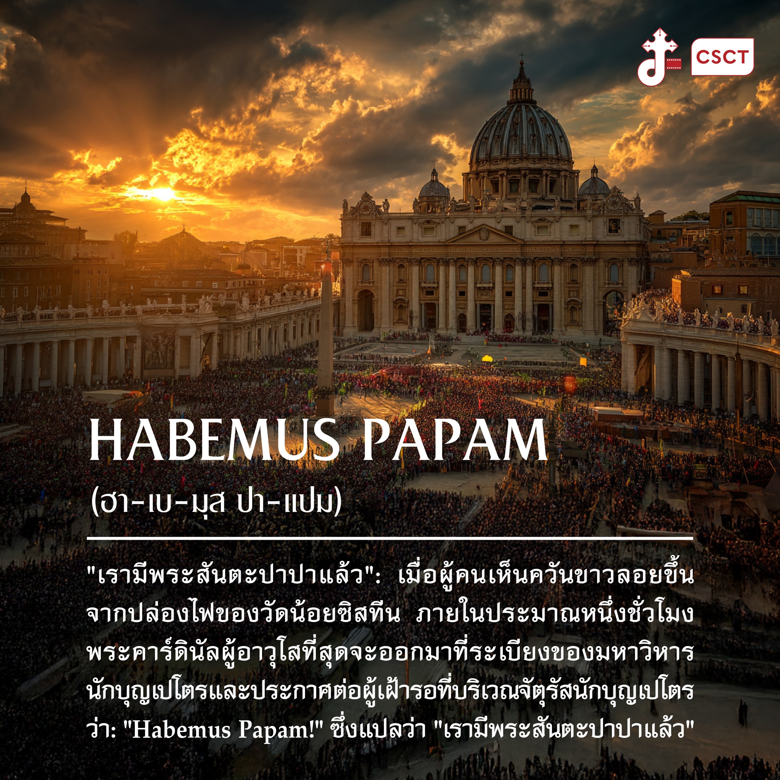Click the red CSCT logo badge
coord(722,57)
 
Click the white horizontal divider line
coord(390,539)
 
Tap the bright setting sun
coord(163,194)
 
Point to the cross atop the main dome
coord(521,56)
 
